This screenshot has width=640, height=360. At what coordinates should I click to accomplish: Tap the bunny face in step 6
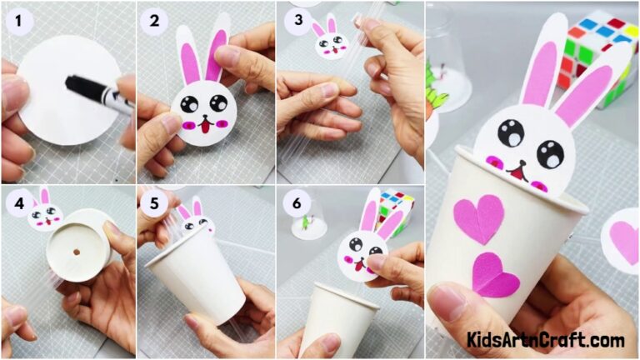[x=361, y=251]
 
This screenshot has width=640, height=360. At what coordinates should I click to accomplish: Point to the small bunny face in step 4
[x=45, y=215]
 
